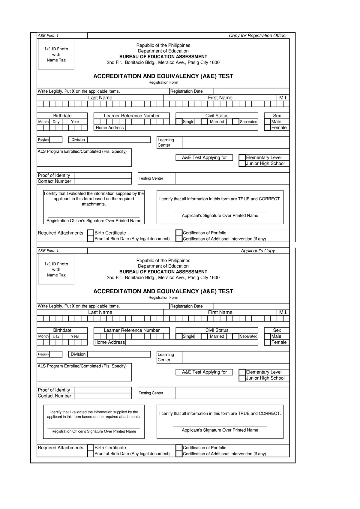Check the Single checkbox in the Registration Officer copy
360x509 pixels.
coord(179,122)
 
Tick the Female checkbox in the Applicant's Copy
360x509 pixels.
coord(267,343)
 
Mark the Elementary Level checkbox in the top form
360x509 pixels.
coord(242,157)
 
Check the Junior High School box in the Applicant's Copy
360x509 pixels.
coord(242,378)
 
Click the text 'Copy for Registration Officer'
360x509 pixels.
coord(258,36)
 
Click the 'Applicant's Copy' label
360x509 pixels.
coord(258,251)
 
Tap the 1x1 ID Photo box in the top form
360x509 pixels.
coord(56,54)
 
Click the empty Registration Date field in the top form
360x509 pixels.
coord(251,91)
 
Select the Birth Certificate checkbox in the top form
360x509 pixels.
coord(91,233)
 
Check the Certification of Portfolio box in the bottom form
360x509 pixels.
coord(179,448)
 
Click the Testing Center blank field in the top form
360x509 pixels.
coord(232,178)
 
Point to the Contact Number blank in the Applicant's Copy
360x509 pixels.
coord(103,396)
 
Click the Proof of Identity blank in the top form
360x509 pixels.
coord(103,175)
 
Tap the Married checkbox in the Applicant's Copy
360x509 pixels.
coord(204,337)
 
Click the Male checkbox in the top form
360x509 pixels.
coord(267,122)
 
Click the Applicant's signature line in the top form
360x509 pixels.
coord(220,212)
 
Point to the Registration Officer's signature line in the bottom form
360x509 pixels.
coord(94,428)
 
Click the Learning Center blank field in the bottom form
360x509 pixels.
coord(235,357)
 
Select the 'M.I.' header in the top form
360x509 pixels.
coord(283,98)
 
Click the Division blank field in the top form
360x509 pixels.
coord(119,140)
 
